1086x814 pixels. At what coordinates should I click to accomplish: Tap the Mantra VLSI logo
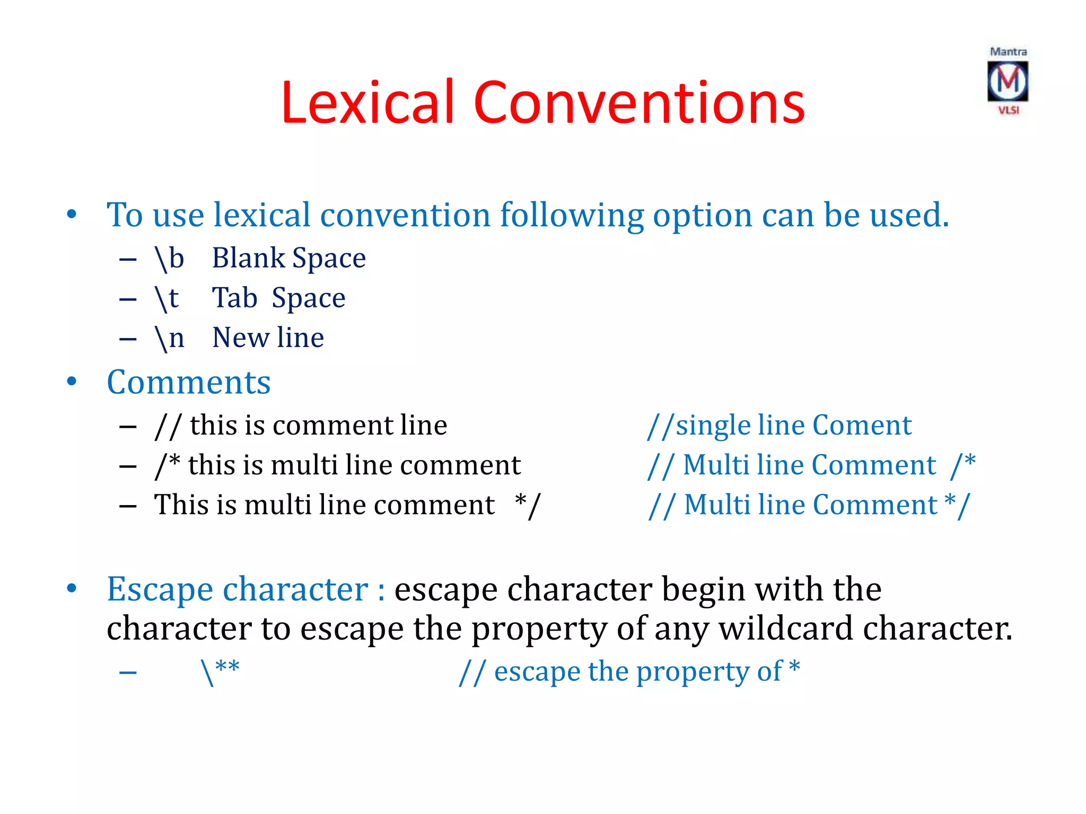1008,81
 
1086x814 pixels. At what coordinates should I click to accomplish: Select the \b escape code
169,259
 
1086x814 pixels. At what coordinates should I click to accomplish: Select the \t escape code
167,298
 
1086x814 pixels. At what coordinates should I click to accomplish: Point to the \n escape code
169,338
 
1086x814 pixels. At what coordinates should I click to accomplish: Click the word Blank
248,258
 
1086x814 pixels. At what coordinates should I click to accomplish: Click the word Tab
234,298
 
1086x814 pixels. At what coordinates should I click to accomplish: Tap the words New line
268,338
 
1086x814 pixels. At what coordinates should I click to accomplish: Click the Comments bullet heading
188,382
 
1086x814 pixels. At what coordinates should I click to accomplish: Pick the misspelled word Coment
862,425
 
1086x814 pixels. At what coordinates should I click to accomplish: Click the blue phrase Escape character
237,589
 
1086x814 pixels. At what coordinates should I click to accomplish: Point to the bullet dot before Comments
72,382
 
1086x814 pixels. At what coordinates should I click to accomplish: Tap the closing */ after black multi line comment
528,504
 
